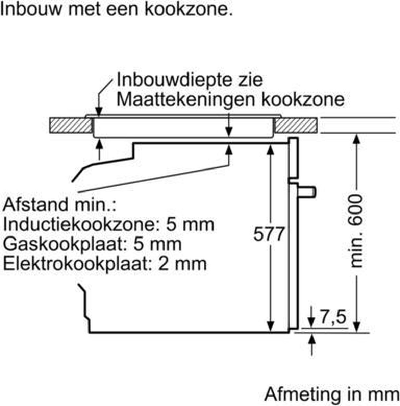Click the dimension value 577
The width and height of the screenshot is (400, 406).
[269, 234]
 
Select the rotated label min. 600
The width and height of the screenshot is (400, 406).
[356, 231]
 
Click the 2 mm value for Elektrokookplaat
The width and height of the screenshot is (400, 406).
[182, 264]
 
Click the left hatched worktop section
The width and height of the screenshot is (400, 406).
[71, 126]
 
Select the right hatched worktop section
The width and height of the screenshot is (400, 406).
[296, 126]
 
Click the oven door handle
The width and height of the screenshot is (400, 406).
[307, 192]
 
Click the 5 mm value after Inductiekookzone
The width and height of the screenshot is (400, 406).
[190, 225]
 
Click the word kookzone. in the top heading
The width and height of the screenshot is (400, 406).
[189, 9]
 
